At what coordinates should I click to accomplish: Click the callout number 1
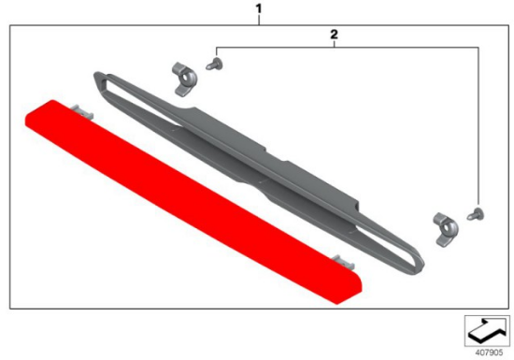tap(259, 8)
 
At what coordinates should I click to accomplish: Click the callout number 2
tap(334, 34)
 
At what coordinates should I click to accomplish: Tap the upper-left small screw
tap(214, 64)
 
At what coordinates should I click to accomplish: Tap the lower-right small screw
tap(476, 214)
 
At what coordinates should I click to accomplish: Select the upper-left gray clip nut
tap(184, 79)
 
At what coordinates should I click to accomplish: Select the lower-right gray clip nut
tap(446, 229)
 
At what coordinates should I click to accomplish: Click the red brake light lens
tap(193, 202)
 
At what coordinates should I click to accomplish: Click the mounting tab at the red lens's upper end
tap(82, 111)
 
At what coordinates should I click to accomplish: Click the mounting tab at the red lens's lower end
tap(343, 262)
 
